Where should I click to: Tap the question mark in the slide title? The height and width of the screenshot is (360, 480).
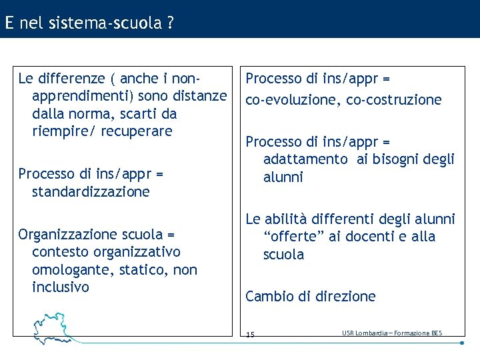tap(171, 23)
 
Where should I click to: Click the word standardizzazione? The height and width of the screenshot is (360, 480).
tap(91, 192)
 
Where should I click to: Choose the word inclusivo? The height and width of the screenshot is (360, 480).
tap(60, 287)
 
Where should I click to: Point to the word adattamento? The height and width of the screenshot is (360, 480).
tap(305, 159)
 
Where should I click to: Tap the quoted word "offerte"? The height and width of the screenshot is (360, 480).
tap(291, 237)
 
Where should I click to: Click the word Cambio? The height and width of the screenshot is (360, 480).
tap(267, 297)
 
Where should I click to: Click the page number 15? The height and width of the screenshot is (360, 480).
tap(250, 334)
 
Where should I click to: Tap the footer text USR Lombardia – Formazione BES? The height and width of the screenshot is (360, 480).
tap(391, 333)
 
